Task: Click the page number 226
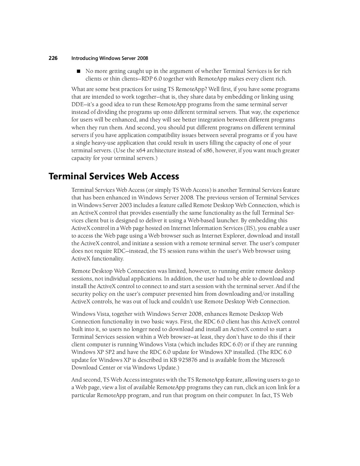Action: pos(53,58)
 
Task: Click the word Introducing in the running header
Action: pos(84,58)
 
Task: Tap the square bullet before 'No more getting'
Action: pos(78,71)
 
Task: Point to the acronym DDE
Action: pos(77,104)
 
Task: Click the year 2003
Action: pos(126,205)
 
